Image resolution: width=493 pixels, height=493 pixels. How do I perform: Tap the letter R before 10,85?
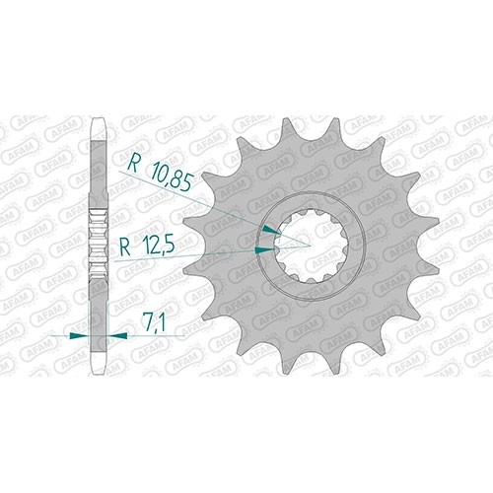click(133, 164)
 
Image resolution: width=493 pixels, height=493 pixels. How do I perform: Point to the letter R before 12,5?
click(125, 247)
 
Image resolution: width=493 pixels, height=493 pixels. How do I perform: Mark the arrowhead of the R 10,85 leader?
click(271, 230)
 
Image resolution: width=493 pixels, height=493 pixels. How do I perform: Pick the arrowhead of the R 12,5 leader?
click(265, 250)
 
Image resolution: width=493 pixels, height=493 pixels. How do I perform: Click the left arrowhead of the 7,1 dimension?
click(80, 335)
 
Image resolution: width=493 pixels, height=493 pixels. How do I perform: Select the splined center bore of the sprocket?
click(311, 246)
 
